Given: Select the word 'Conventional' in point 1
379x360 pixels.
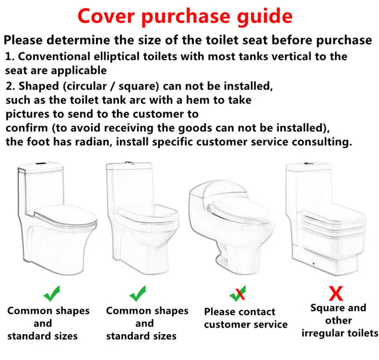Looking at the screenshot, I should [x=57, y=56].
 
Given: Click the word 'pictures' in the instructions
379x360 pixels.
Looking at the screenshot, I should [x=28, y=114].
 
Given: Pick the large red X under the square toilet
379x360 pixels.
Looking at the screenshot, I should [x=336, y=292].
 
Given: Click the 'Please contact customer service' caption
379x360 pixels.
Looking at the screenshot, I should [x=246, y=318].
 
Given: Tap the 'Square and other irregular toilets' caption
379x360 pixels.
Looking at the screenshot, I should [x=339, y=320].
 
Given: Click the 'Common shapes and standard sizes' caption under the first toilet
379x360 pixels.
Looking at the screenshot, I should [x=48, y=323].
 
